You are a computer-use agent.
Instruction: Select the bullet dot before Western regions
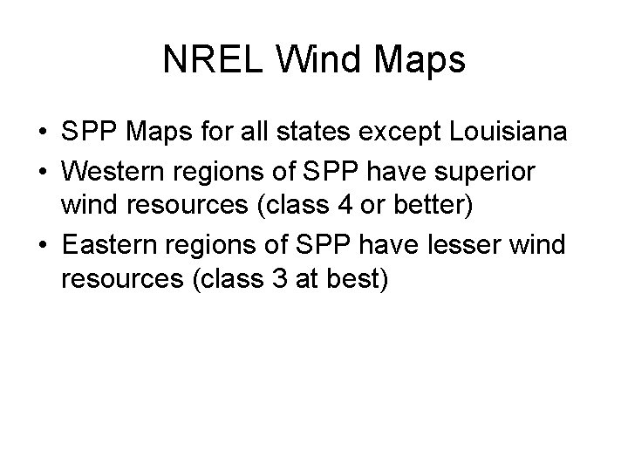[42, 167]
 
